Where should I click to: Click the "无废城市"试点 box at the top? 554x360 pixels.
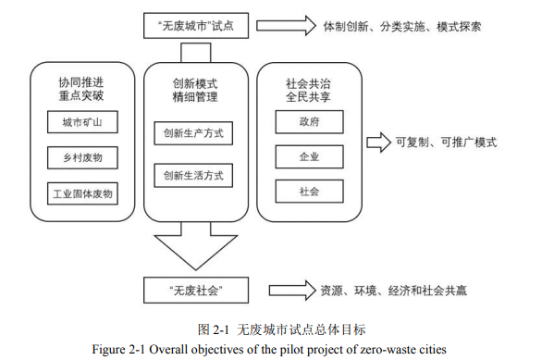pos(197,26)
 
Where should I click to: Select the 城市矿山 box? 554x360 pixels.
pos(82,122)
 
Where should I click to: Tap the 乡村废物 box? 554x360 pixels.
pos(82,157)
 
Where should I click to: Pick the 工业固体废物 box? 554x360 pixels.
pos(82,193)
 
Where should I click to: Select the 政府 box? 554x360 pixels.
pos(309,121)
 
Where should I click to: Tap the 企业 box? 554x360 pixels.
pos(309,156)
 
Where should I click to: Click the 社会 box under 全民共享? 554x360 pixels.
pos(309,192)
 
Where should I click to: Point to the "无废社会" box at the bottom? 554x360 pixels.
pos(196,290)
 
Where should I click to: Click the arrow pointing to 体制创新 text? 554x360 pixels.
pos(286,26)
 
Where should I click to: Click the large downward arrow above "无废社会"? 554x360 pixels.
pos(193,245)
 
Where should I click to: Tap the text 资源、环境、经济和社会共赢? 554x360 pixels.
pos(393,291)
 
